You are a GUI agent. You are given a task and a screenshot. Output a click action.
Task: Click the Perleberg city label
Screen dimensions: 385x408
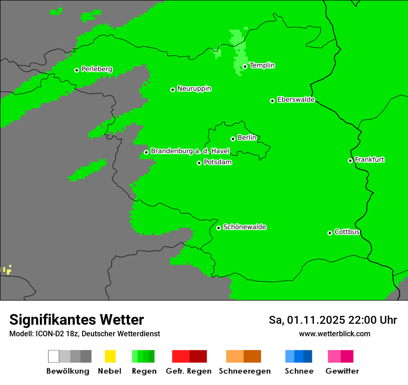point(96,69)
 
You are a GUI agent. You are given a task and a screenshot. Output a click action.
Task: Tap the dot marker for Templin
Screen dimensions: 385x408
point(245,66)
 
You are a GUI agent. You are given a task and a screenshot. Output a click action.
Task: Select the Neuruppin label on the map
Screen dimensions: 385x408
point(194,89)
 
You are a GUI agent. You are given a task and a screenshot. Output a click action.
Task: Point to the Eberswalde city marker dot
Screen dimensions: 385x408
point(273,101)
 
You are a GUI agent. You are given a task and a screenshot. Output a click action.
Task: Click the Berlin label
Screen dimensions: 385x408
point(247,138)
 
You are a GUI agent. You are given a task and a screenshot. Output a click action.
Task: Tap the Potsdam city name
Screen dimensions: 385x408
point(217,162)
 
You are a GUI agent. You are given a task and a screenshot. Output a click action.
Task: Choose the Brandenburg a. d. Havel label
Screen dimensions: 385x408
point(190,151)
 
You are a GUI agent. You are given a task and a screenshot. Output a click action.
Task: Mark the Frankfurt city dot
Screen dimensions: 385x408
point(350,161)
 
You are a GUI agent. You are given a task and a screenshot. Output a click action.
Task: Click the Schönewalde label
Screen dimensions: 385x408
point(244,227)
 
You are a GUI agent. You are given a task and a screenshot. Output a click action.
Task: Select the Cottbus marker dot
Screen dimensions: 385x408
point(330,233)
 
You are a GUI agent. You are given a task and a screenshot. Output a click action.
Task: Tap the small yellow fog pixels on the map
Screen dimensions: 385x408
point(8,269)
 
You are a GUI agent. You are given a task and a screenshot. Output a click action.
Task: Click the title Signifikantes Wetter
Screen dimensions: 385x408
point(76,320)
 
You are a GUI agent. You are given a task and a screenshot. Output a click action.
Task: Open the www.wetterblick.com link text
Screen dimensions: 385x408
point(334,334)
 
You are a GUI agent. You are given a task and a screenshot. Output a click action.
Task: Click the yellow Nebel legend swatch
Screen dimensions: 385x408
point(110,356)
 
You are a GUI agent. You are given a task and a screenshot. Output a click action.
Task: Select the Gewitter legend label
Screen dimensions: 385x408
point(342,371)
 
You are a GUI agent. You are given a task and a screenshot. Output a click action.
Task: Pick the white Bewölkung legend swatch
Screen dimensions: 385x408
point(54,356)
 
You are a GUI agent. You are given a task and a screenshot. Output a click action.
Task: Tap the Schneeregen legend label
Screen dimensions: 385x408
point(244,371)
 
